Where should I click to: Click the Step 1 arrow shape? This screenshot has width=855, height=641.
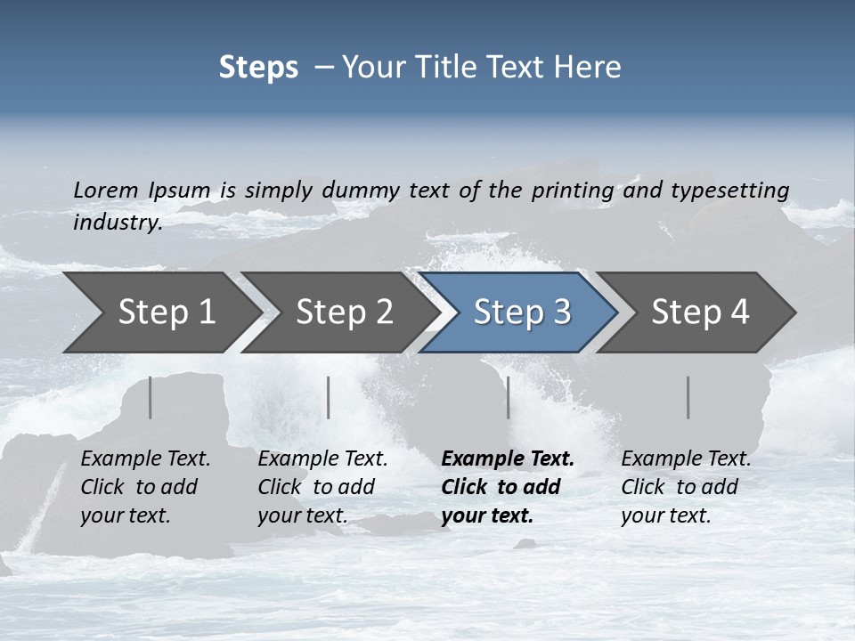tap(160, 312)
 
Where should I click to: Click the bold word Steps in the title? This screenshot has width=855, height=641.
tap(258, 68)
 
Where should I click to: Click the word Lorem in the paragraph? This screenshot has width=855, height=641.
tap(106, 190)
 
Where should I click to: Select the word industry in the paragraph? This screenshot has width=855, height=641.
tap(117, 222)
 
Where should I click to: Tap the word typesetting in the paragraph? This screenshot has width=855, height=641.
tap(729, 190)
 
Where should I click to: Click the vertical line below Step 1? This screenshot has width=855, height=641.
tap(151, 397)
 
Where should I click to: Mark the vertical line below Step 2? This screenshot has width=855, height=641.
tap(329, 397)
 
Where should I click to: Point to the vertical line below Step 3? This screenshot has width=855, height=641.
tap(508, 397)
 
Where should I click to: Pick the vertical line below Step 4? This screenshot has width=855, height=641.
tap(688, 397)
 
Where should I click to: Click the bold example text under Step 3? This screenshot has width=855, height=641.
tap(508, 487)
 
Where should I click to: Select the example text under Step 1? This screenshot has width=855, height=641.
tap(145, 487)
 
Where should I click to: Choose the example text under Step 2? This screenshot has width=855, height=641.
tap(322, 487)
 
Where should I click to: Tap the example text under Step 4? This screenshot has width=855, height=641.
tap(686, 487)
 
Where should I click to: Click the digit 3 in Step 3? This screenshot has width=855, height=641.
tap(561, 312)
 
